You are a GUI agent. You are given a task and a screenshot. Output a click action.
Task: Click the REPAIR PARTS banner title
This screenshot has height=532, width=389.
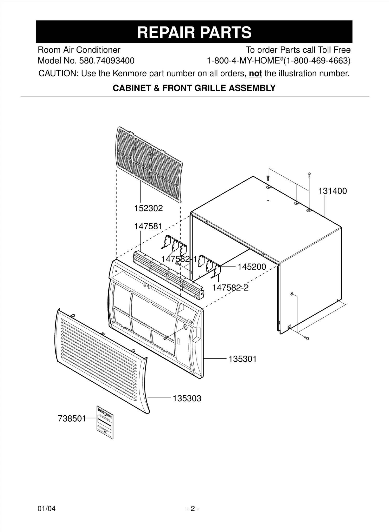point(194,32)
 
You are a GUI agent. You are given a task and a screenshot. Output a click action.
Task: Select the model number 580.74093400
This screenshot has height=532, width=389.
point(107,61)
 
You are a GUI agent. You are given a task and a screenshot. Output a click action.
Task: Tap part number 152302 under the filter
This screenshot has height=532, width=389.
point(148,208)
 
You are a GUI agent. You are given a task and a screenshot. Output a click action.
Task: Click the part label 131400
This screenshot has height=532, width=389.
point(332,191)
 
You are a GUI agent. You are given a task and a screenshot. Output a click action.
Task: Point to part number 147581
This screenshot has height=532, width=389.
point(148,226)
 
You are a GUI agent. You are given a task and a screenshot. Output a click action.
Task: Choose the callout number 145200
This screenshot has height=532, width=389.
point(252,267)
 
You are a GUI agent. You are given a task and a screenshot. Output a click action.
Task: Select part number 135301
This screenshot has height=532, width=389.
point(242,359)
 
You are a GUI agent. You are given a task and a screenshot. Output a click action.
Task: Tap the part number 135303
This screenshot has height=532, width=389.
point(187,398)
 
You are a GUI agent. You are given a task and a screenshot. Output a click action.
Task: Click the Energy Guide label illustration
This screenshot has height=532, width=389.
point(105,422)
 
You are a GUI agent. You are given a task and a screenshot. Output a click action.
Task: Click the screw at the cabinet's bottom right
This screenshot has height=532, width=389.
point(306,338)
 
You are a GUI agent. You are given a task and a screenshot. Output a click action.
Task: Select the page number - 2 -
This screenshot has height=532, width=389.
point(193,509)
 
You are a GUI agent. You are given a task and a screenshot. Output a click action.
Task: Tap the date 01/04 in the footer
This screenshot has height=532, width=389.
point(47,509)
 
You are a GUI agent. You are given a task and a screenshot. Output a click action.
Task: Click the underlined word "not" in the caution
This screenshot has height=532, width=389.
point(255,74)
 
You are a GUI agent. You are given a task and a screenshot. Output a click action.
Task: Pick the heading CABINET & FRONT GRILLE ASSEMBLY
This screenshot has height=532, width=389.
point(194,88)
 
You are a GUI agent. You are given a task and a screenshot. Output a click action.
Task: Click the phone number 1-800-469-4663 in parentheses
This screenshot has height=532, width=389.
point(317,61)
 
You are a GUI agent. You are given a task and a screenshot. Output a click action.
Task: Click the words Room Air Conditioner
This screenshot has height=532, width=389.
point(79,50)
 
